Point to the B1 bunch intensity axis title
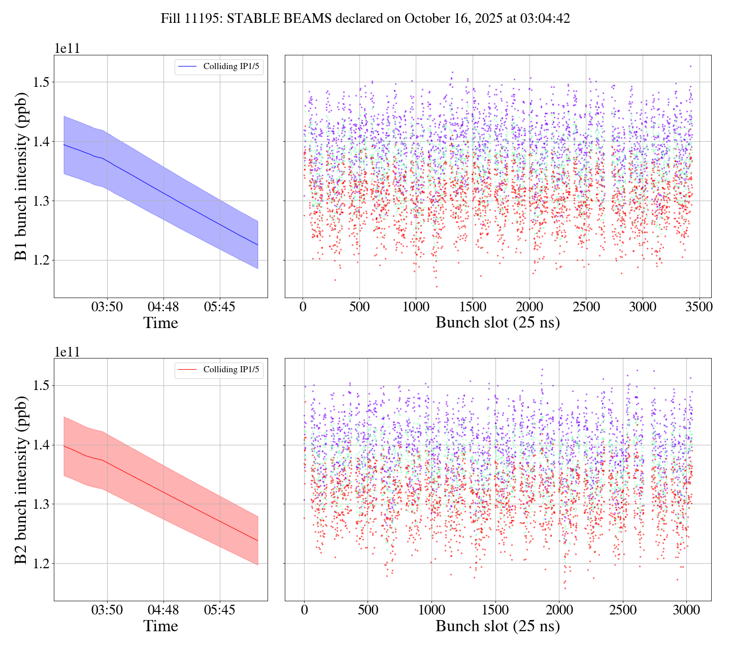tap(21, 176)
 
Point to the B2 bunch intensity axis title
tap(21, 479)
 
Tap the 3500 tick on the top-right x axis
tap(699, 307)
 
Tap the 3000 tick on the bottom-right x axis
tap(686, 610)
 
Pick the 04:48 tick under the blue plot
tap(163, 307)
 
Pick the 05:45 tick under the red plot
tap(220, 610)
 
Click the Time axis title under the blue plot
tap(160, 323)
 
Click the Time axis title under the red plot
tap(160, 626)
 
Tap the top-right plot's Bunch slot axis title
tap(497, 323)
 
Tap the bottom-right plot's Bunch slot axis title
tap(497, 626)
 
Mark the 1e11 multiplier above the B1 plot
tap(67, 49)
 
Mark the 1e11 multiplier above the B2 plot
tap(67, 352)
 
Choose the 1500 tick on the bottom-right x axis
tap(495, 610)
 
